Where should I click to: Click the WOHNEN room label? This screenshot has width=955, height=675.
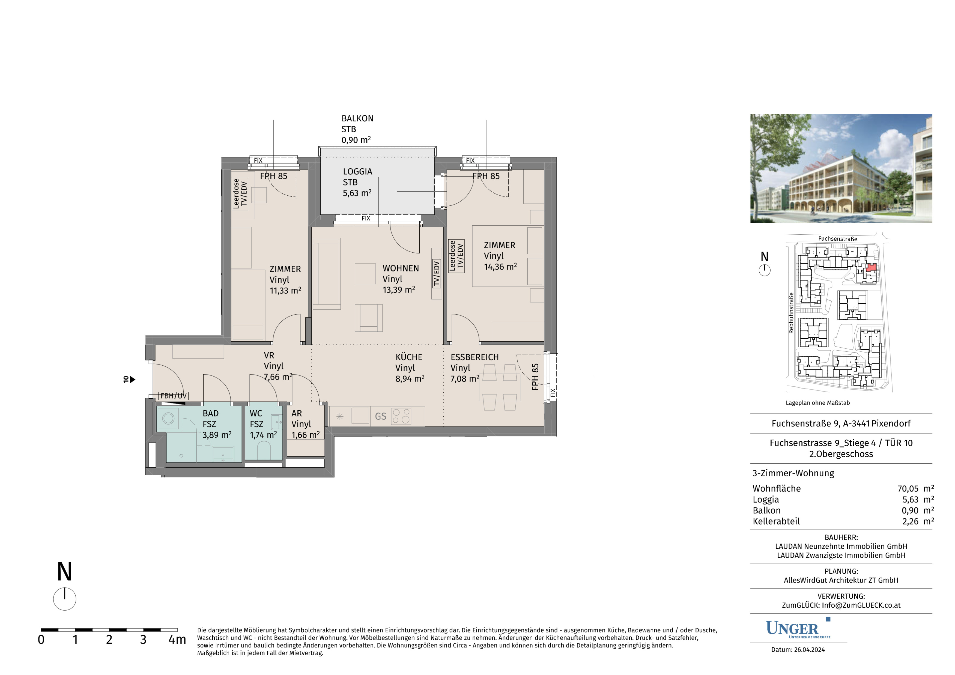coord(401,268)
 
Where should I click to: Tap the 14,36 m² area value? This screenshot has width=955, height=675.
coord(500,267)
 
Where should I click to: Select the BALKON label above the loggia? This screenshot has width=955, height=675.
coord(357,118)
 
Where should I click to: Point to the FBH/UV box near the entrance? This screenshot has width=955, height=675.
coord(174,396)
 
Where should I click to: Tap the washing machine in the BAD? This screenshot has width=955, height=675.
coord(168,418)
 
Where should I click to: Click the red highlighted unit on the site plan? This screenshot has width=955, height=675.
coord(872,267)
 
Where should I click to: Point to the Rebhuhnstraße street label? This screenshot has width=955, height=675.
coord(791,313)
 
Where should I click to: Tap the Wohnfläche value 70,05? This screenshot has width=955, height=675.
coord(908,489)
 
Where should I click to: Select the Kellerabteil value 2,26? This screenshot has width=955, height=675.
coord(911,522)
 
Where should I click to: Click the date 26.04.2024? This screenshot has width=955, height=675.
coord(809,650)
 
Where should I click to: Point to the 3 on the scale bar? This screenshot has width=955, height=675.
coord(143,640)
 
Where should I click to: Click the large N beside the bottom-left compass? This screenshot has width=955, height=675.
coord(64,572)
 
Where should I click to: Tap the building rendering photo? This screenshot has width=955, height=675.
coord(841,168)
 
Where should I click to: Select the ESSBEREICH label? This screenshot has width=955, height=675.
coord(474,357)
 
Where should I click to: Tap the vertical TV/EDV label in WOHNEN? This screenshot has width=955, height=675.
coord(436,273)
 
